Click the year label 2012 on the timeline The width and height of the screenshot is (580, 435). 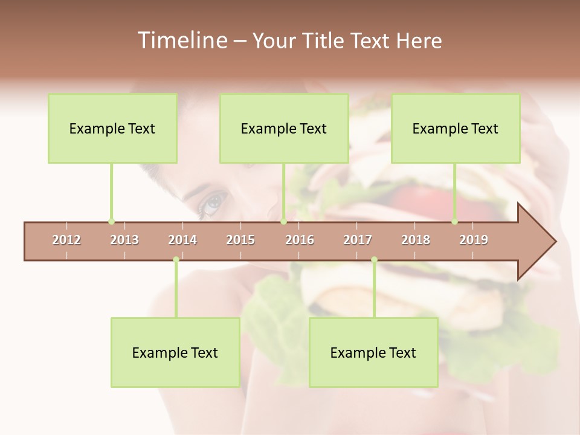tap(66, 240)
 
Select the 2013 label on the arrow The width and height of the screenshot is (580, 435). tap(124, 240)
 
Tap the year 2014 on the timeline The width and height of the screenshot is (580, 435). tap(182, 240)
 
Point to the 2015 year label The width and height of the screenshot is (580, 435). tap(240, 240)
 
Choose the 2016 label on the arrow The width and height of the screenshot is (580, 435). tap(300, 240)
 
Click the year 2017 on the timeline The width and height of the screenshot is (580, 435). tap(358, 240)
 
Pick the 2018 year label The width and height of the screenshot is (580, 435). tap(416, 240)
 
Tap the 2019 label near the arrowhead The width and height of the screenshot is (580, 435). tap(474, 240)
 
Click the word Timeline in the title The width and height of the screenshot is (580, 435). tap(181, 40)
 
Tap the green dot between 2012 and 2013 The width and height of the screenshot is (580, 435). tap(111, 222)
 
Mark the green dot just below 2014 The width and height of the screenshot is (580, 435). tap(176, 260)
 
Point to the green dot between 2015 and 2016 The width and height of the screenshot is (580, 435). tap(283, 222)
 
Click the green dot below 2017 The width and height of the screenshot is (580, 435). tap(374, 260)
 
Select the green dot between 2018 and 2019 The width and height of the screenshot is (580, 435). tap(455, 222)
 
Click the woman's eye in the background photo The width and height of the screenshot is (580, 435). tap(212, 202)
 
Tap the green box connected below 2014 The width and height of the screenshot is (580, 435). tap(175, 352)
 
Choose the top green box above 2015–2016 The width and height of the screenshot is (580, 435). tap(284, 128)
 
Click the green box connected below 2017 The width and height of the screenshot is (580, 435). tap(373, 352)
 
